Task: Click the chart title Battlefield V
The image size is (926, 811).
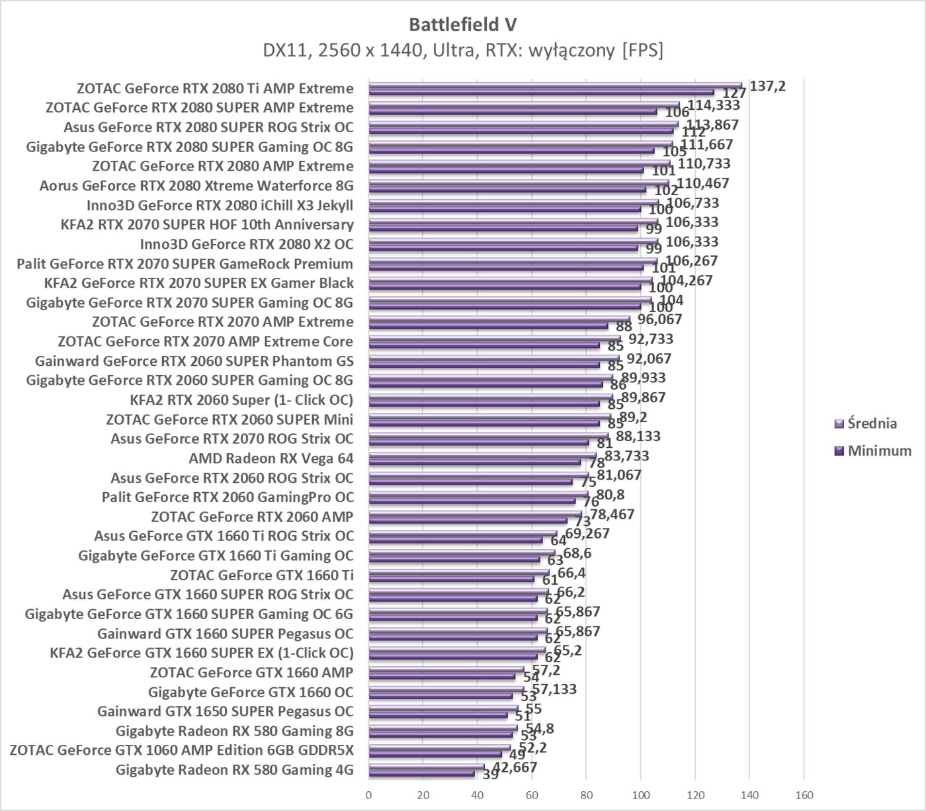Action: coord(462,24)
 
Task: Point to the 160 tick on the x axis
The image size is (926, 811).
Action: coord(803,795)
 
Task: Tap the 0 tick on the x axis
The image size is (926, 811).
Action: coord(368,795)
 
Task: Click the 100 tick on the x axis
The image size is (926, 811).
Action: coord(640,795)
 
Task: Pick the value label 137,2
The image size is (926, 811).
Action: coord(767,85)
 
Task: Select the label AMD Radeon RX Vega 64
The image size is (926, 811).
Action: coord(271,458)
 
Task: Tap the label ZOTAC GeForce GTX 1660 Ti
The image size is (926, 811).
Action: coord(261,575)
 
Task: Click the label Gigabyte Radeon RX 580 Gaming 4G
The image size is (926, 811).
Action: coord(234,769)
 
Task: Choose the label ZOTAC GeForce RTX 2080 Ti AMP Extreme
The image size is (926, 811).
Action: coord(215,89)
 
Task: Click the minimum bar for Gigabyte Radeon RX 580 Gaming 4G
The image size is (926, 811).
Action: coord(421,773)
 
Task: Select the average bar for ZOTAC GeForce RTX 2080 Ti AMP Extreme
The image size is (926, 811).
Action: coord(556,85)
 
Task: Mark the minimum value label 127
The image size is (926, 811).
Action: coord(734,94)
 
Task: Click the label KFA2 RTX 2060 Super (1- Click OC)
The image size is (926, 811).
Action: coord(241,400)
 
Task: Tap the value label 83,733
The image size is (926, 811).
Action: coord(622,456)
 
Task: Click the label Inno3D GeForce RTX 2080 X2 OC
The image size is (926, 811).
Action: coord(246,244)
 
